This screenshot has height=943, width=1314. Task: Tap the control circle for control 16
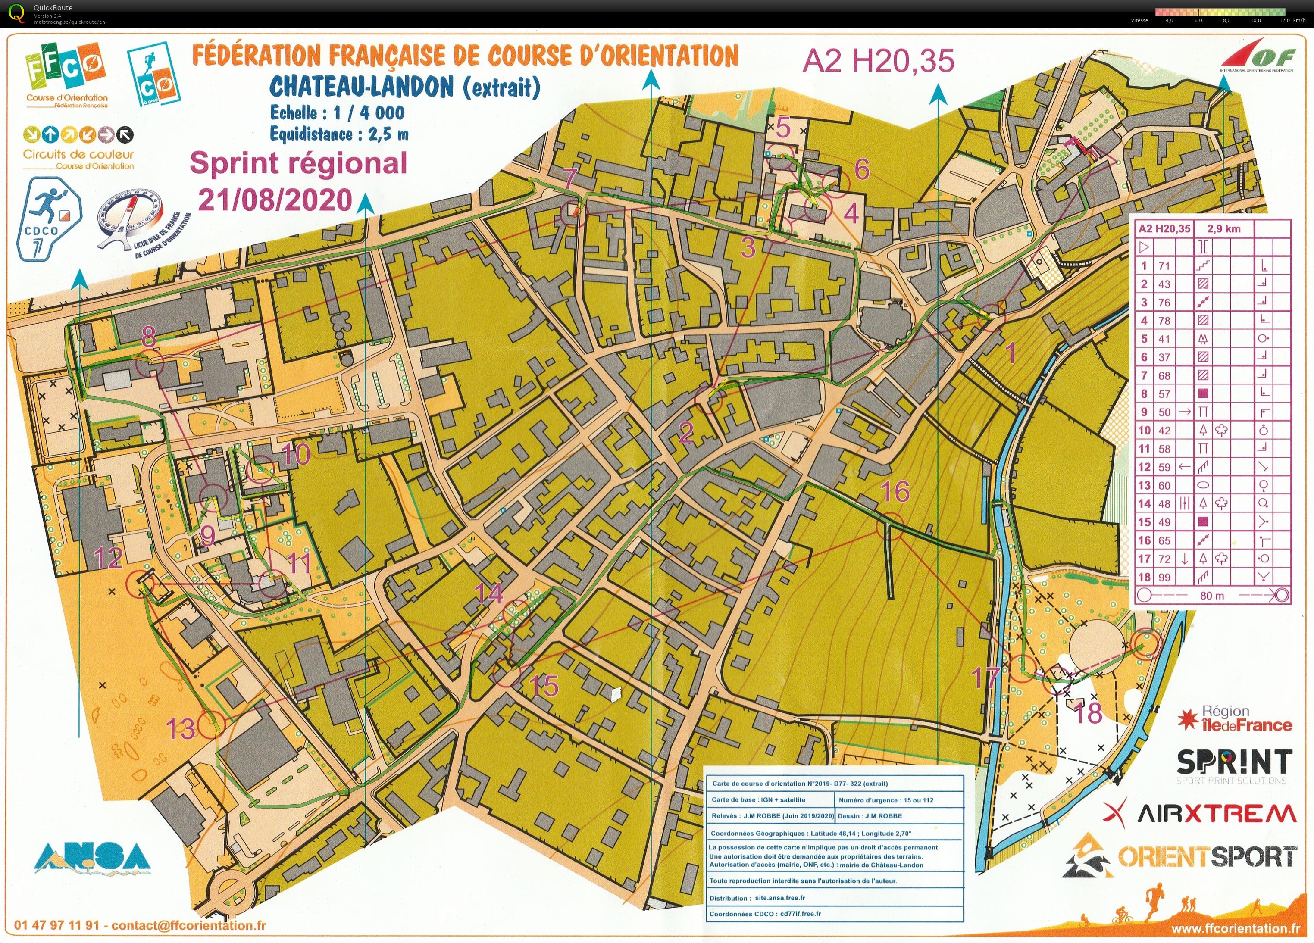coord(889,527)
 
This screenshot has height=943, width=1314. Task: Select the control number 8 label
coord(149,335)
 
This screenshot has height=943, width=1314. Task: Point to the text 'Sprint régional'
coord(298,163)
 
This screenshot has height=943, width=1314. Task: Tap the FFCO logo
coord(66,78)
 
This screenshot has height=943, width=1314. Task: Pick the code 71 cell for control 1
coord(1164,266)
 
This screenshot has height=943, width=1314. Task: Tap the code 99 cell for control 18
coord(1164,577)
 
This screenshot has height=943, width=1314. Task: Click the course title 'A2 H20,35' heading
coord(878,61)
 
